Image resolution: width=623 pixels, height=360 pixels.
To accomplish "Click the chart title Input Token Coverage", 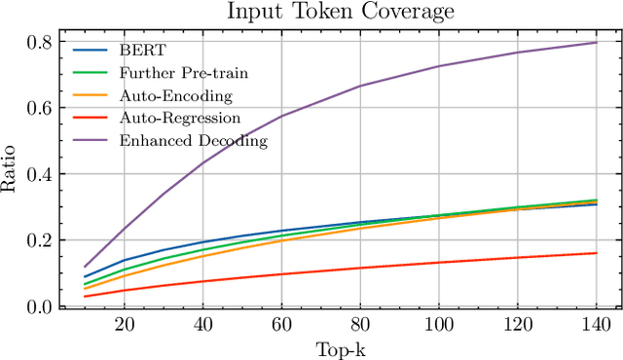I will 340,12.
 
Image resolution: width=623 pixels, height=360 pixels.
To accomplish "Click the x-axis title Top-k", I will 340,347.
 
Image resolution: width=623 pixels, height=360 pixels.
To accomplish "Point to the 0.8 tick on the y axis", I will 42,43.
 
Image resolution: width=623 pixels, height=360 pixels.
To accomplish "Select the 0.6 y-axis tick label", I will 42,109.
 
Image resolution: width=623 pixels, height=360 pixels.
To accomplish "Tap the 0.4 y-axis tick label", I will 42,175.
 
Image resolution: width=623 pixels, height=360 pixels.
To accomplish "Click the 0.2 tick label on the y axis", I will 42,241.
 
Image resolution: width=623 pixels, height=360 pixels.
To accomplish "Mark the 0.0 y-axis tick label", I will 42,307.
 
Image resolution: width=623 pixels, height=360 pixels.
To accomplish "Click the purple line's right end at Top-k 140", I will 596,43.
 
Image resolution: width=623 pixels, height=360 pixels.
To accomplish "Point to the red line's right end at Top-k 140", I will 596,253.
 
